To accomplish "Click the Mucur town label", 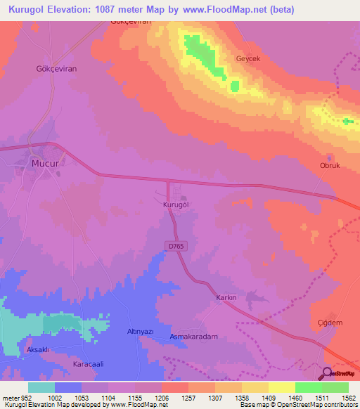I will pyautogui.click(x=43, y=163).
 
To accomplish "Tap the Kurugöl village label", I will pyautogui.click(x=177, y=203).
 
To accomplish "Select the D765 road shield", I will pyautogui.click(x=176, y=245).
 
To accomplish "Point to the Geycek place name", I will pyautogui.click(x=248, y=59).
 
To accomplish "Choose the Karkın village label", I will pyautogui.click(x=225, y=297).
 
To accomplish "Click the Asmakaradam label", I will pyautogui.click(x=194, y=337).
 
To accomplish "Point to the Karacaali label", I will pyautogui.click(x=89, y=365).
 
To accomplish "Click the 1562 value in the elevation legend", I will pyautogui.click(x=337, y=397).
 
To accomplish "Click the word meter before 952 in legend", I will pyautogui.click(x=9, y=397).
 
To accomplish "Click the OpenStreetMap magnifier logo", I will pyautogui.click(x=327, y=373).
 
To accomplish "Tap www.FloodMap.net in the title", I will pyautogui.click(x=229, y=10).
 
